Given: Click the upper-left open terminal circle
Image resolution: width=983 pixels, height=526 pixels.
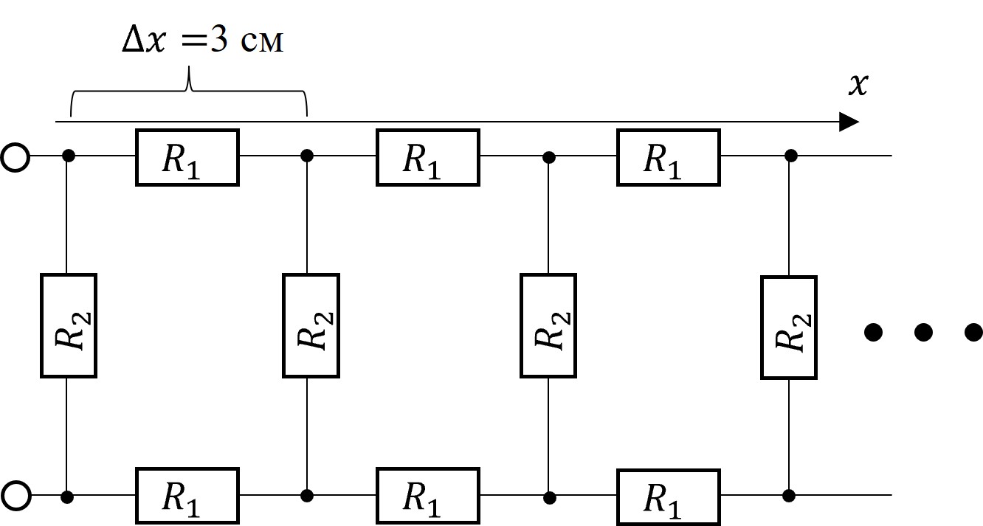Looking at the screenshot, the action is (15, 157).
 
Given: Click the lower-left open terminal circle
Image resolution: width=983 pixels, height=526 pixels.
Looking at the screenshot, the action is (15, 496).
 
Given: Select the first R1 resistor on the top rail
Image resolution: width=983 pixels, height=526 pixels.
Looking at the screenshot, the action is (187, 157).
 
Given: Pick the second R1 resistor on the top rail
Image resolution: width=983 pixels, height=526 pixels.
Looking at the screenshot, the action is (428, 157).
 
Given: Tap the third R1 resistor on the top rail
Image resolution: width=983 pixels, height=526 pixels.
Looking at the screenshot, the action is (669, 157).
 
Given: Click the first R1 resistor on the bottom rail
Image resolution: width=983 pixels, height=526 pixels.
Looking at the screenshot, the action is (187, 496).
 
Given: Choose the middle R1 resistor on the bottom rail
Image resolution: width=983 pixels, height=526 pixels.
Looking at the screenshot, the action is (428, 496).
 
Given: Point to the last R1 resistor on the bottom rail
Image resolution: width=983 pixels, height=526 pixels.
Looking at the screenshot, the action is (669, 497).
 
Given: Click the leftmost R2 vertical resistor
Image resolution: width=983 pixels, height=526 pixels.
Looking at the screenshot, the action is (69, 325).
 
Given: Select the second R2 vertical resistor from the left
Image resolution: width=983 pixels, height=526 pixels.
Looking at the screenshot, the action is (311, 325).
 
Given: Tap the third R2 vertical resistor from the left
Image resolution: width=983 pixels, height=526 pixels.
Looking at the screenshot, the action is (548, 325).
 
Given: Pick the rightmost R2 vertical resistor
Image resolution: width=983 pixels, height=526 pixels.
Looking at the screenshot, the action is (789, 328).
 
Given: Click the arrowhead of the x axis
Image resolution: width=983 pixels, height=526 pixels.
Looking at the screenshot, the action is (849, 122).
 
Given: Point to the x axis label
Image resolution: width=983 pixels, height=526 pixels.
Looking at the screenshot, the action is (858, 85).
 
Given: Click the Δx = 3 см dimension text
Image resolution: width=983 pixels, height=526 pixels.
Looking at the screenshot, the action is (203, 41).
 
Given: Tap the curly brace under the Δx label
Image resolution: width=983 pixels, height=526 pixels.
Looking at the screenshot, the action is (189, 91).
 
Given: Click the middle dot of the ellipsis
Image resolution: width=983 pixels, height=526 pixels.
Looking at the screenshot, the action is (923, 332).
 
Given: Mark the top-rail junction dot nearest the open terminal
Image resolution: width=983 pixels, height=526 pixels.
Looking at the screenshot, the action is (68, 156).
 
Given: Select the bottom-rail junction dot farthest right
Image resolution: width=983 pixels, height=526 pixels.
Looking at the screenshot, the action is (789, 496).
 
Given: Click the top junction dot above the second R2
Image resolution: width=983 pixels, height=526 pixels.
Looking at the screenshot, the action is (307, 156).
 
